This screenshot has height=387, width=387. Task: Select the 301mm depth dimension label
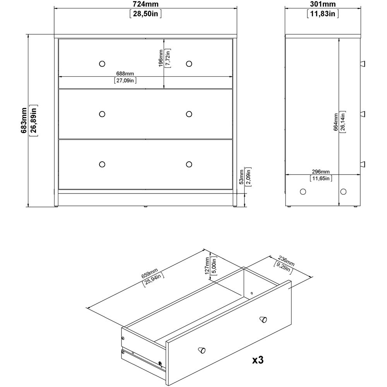(323, 5)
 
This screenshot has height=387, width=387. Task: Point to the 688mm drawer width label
(125, 73)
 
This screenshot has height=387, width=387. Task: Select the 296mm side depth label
(320, 172)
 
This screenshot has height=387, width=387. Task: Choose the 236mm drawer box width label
(286, 260)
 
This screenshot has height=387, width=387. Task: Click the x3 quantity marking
(258, 360)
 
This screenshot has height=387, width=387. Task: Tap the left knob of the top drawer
(102, 63)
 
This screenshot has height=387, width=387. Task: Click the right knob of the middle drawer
(189, 114)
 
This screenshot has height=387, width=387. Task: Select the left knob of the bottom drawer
(102, 164)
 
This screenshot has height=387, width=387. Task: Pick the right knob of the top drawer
(189, 63)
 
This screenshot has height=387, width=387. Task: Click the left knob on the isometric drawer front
(201, 349)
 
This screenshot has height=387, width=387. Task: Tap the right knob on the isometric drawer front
(263, 319)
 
